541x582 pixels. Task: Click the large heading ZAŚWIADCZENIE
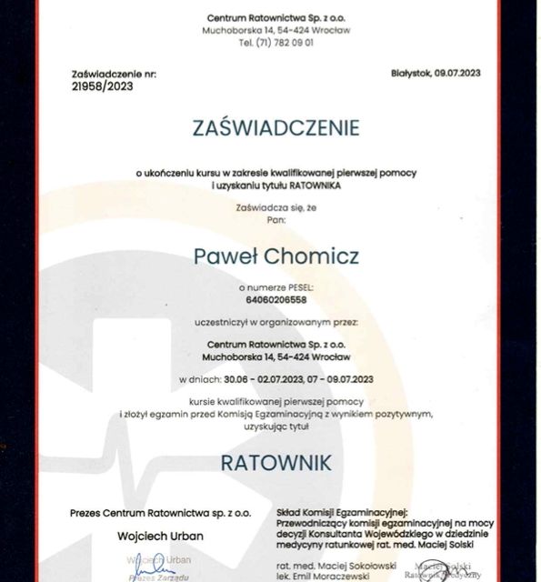[276, 127]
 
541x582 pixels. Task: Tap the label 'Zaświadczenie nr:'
[106, 73]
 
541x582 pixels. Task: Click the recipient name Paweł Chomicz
[276, 256]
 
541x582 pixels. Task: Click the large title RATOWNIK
[276, 462]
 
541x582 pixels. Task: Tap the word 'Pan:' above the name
[276, 219]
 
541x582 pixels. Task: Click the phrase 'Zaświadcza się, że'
[276, 207]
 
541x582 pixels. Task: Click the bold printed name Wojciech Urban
[160, 535]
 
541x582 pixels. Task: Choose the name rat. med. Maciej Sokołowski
[328, 567]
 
